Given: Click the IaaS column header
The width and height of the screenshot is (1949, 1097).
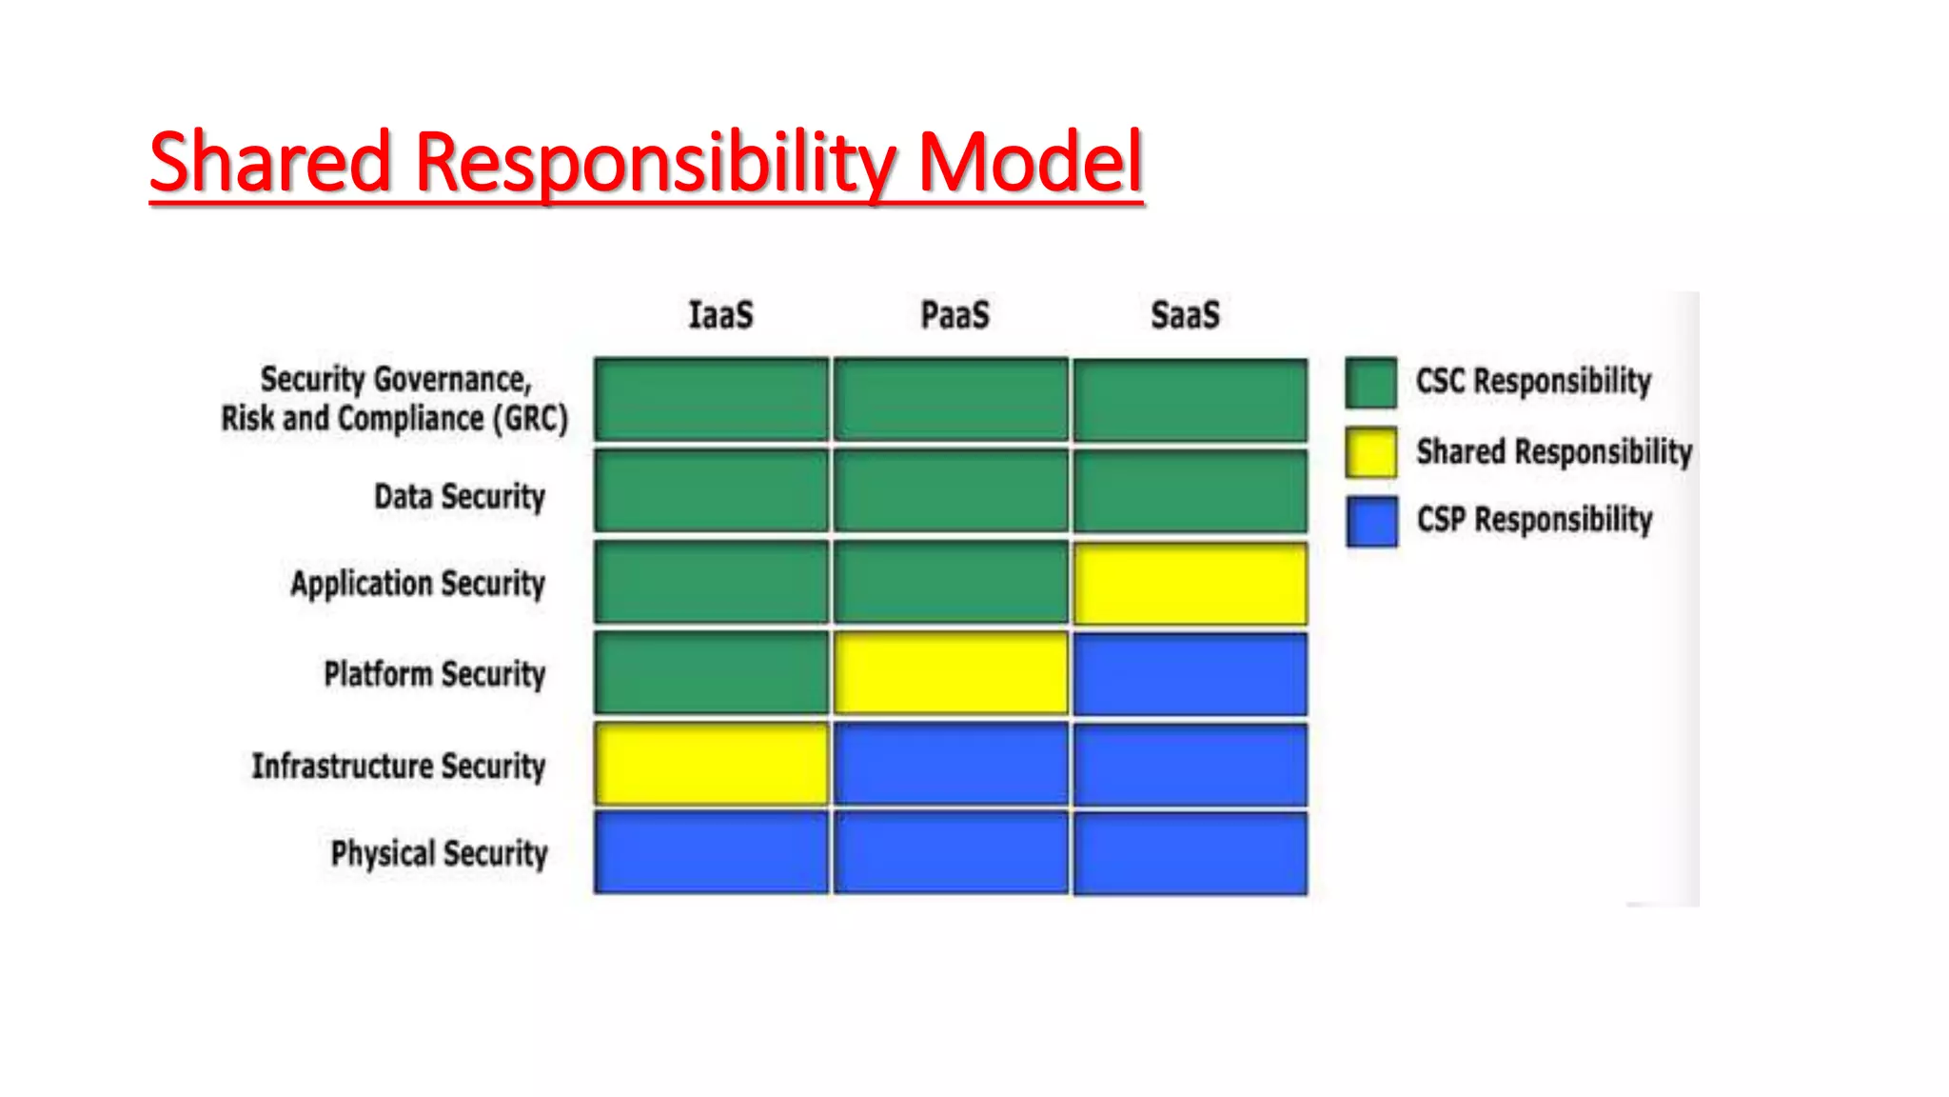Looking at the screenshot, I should click(720, 315).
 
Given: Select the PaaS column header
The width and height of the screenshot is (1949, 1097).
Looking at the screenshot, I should click(955, 315).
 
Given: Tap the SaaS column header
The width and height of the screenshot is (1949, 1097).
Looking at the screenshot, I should click(1185, 315).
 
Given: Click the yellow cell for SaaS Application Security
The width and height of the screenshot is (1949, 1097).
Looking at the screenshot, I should click(1190, 584).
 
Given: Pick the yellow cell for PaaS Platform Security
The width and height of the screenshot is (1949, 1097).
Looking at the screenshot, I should click(951, 673).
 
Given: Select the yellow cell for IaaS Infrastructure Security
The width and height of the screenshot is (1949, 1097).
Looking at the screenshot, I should click(711, 764).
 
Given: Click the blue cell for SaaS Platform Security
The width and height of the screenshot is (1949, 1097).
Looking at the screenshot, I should click(1190, 673).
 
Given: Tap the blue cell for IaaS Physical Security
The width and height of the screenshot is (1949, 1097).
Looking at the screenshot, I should click(711, 852).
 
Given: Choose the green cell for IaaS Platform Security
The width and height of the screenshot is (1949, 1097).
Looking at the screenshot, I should click(711, 673).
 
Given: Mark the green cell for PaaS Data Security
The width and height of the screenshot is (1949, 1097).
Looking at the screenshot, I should click(951, 491).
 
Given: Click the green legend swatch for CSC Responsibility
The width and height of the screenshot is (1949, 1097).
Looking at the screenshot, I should click(1370, 383).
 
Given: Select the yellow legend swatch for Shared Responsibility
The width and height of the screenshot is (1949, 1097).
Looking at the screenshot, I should click(1370, 452).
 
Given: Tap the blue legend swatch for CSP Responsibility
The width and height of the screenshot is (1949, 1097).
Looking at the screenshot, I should click(1370, 521).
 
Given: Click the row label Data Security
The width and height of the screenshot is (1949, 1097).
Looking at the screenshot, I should click(459, 496).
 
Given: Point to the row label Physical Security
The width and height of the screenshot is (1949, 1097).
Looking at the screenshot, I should click(439, 853).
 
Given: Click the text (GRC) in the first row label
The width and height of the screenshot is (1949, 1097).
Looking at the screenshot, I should click(529, 419).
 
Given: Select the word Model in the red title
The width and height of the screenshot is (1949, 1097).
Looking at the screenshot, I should click(1029, 162).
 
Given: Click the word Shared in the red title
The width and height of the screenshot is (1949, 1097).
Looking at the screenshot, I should click(270, 162).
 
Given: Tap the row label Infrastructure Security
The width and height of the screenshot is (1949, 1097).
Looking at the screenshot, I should click(398, 766).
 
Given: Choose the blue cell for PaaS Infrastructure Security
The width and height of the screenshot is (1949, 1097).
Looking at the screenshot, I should click(951, 764).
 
